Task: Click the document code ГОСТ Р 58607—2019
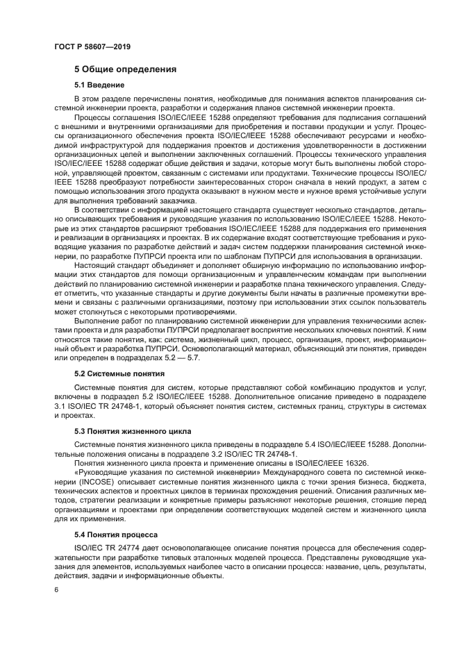[92, 47]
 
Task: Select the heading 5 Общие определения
[125, 69]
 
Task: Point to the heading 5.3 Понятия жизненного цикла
[133, 431]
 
